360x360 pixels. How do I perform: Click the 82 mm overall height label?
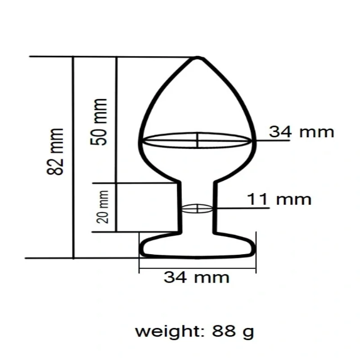tap(55, 152)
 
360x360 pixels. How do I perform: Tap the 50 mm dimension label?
tap(99, 122)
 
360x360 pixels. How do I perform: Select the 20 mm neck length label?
tap(103, 207)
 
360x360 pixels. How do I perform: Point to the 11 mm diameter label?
tap(279, 199)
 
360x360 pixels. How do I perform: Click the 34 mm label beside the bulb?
tap(301, 132)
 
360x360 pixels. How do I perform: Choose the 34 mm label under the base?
tap(196, 277)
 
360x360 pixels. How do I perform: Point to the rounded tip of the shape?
tap(198, 58)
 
